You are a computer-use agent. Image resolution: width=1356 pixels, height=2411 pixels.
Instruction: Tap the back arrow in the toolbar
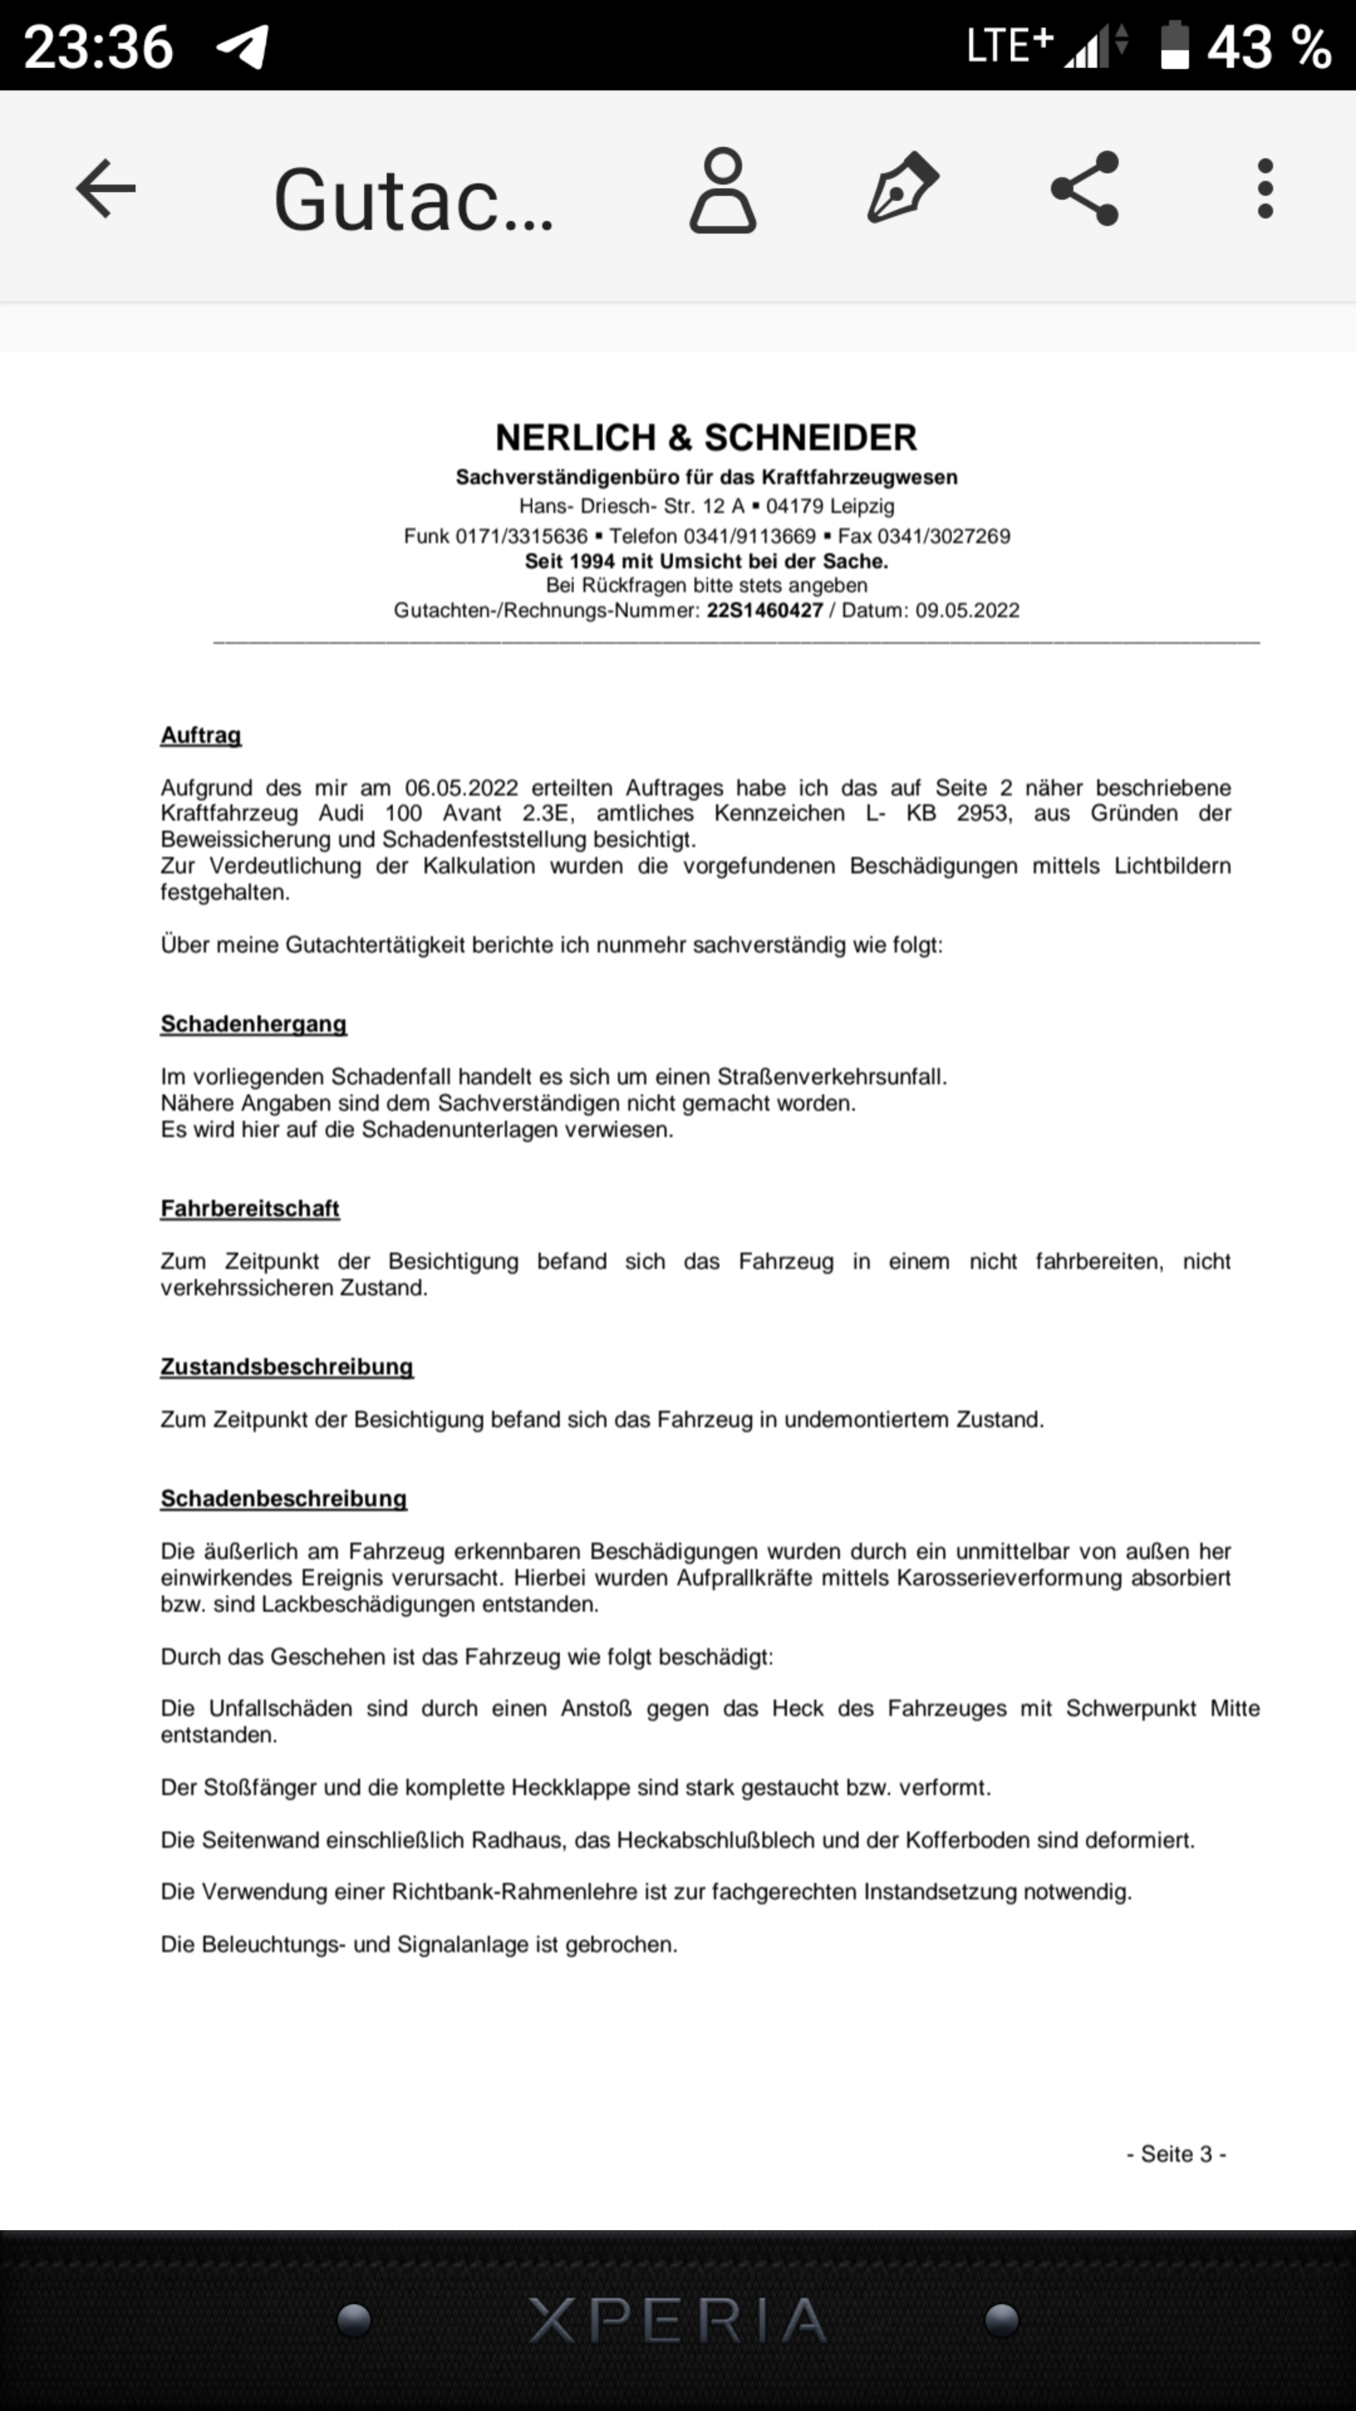[x=105, y=188]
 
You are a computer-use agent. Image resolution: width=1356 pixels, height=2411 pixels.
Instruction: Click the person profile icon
[x=723, y=190]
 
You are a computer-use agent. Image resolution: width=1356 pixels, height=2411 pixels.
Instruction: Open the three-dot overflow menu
[x=1265, y=188]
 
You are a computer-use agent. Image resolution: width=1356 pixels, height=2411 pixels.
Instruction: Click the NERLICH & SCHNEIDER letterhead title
[x=706, y=437]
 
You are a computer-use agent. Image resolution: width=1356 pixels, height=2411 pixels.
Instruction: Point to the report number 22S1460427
[x=765, y=611]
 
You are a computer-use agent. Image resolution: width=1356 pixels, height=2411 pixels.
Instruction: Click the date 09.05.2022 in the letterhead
[x=967, y=611]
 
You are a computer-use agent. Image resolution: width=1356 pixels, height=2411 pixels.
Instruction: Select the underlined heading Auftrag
[x=200, y=736]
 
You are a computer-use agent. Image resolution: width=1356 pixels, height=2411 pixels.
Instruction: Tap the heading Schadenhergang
[x=254, y=1024]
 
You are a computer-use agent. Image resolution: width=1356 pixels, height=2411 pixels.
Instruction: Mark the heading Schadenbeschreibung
[x=284, y=1499]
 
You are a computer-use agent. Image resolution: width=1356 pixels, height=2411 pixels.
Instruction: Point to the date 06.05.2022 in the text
[x=461, y=788]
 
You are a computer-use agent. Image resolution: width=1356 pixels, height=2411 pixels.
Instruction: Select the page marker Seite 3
[x=1176, y=2154]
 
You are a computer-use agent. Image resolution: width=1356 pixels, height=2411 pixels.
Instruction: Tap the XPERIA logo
[x=677, y=2320]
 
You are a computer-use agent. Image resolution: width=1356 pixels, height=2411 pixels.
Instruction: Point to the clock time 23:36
[x=99, y=47]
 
